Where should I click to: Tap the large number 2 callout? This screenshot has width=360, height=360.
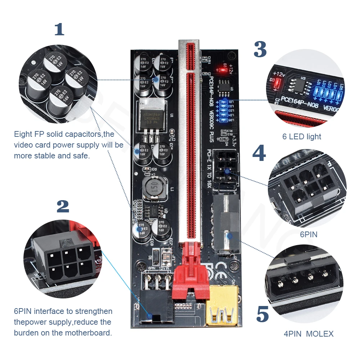63,206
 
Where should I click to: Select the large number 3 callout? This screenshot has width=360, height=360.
260,49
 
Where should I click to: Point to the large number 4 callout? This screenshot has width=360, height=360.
259,153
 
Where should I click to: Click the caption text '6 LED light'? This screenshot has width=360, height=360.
302,136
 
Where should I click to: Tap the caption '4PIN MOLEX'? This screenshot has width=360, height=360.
309,334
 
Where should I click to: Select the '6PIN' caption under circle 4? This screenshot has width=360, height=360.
309,234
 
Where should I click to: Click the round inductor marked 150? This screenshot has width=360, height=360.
154,188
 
